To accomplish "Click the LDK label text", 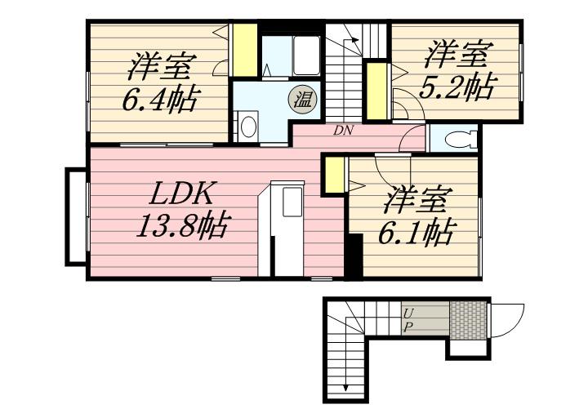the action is click(183, 193).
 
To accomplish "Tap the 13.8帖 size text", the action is click(182, 226).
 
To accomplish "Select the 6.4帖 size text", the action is click(160, 100).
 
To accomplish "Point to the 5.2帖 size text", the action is click(457, 87).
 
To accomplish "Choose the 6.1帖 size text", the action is click(416, 231).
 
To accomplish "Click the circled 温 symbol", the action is click(302, 100).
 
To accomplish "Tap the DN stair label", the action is click(343, 131).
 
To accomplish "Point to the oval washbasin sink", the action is click(247, 127).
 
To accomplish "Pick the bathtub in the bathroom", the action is click(306, 56).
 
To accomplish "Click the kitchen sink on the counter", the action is click(292, 202).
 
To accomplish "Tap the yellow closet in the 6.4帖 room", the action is click(245, 51).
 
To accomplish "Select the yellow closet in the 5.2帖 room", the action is click(376, 91).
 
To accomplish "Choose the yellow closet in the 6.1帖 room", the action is click(334, 176).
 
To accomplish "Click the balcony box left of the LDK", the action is click(76, 216).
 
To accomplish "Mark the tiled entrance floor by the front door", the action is click(468, 318).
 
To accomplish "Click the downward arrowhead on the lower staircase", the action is click(345, 389).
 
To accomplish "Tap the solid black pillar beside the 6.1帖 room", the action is click(354, 256).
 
